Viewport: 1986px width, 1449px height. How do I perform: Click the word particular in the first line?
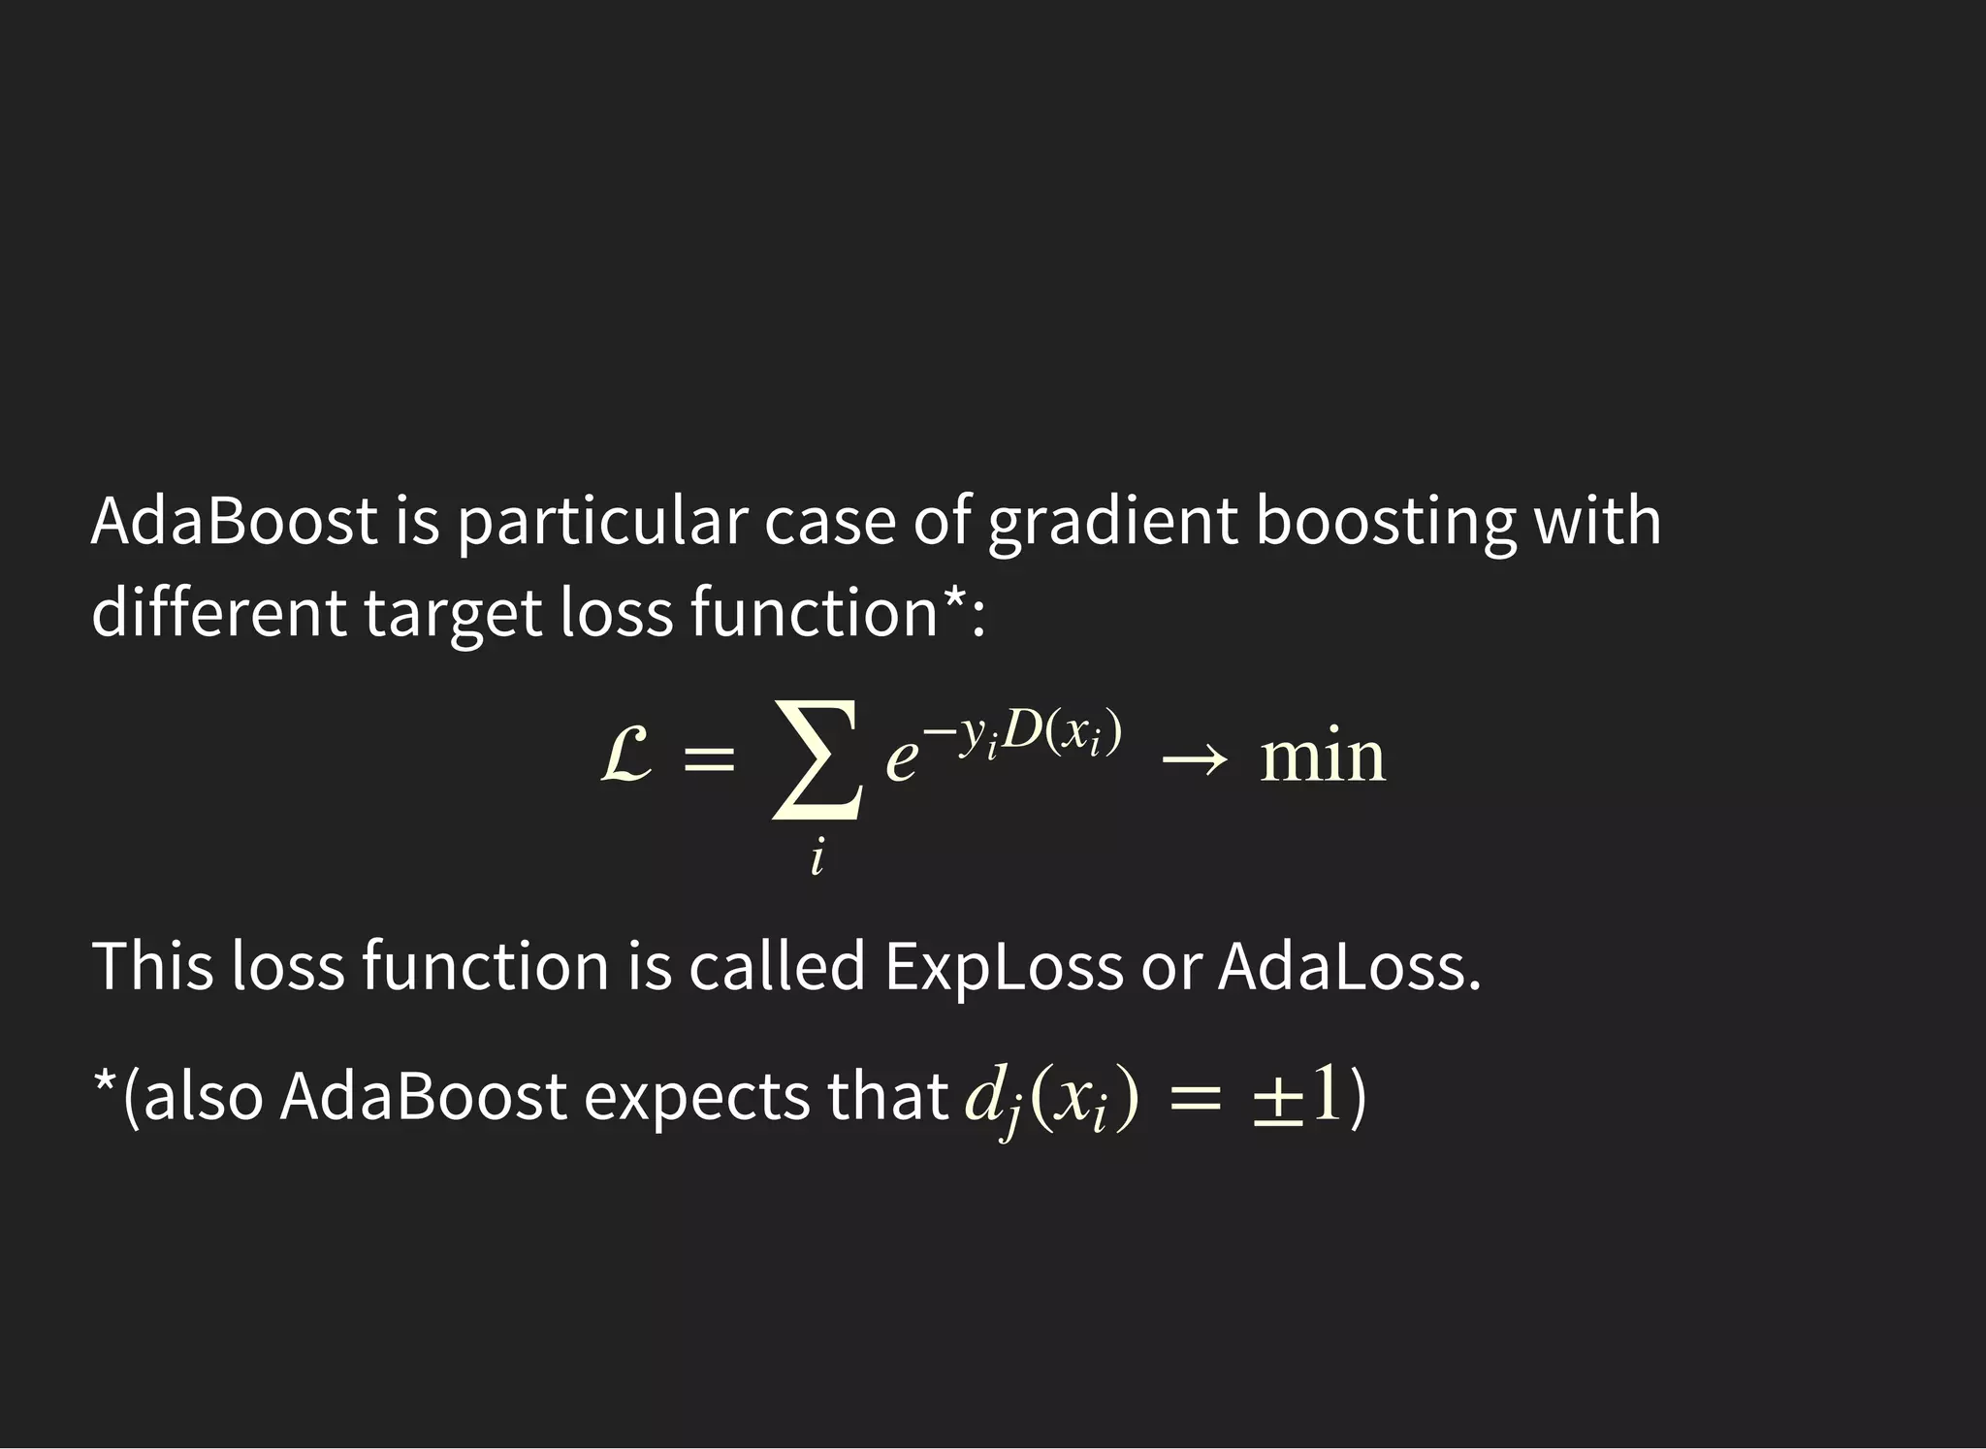601,522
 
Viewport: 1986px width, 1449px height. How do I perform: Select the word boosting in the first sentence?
1386,522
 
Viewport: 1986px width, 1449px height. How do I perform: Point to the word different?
218,613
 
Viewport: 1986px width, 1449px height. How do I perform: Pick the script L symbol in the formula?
626,756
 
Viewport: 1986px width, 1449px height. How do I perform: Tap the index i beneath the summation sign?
817,858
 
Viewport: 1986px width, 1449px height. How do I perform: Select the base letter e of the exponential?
901,759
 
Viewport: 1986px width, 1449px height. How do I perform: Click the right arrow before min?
1194,760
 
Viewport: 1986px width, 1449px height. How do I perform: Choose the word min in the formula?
1323,757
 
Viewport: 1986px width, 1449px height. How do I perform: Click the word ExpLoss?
1003,966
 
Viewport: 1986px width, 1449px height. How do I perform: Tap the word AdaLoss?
1349,966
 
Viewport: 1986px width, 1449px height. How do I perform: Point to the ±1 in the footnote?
1297,1099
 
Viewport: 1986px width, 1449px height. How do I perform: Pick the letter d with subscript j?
990,1101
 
